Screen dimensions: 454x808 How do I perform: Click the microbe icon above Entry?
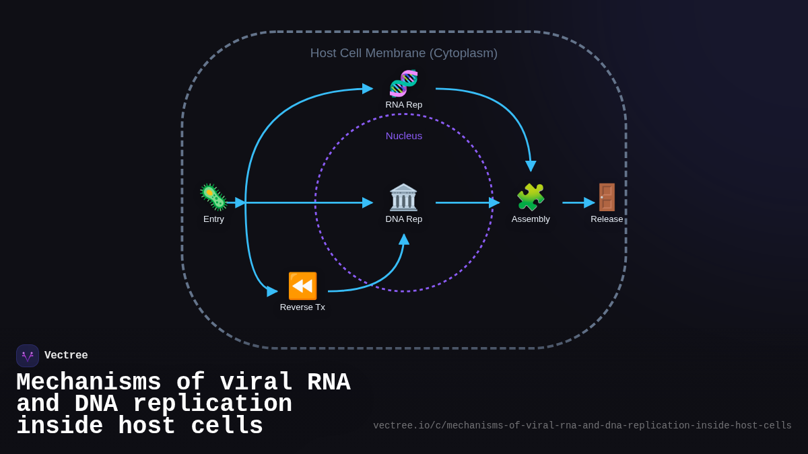pyautogui.click(x=213, y=197)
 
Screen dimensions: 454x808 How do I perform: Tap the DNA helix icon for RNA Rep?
pyautogui.click(x=404, y=83)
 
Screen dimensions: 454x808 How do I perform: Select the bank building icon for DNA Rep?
pyautogui.click(x=404, y=197)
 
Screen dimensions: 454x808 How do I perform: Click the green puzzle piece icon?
pyautogui.click(x=531, y=197)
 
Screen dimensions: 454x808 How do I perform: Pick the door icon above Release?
pyautogui.click(x=607, y=197)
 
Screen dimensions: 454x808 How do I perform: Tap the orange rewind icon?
pyautogui.click(x=302, y=286)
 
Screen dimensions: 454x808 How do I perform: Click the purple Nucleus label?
pyautogui.click(x=404, y=136)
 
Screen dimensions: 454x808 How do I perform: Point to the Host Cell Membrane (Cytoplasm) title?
pyautogui.click(x=404, y=53)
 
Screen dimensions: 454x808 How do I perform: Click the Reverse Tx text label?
pyautogui.click(x=302, y=307)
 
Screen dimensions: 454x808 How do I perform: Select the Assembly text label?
pyautogui.click(x=531, y=219)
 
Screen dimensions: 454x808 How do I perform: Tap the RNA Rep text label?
pyautogui.click(x=404, y=105)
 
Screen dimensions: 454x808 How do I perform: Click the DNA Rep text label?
pyautogui.click(x=404, y=219)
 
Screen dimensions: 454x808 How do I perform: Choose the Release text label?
pyautogui.click(x=607, y=219)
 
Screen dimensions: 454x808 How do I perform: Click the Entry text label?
pyautogui.click(x=213, y=219)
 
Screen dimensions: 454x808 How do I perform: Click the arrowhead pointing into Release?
pyautogui.click(x=589, y=202)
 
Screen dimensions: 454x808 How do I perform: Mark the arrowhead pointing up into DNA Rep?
pyautogui.click(x=404, y=239)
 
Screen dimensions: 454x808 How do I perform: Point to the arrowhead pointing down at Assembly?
pyautogui.click(x=531, y=165)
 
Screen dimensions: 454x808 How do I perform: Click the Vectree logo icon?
pyautogui.click(x=28, y=356)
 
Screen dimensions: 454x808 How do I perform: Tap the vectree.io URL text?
pyautogui.click(x=582, y=426)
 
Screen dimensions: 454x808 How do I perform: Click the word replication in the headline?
pyautogui.click(x=212, y=404)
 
